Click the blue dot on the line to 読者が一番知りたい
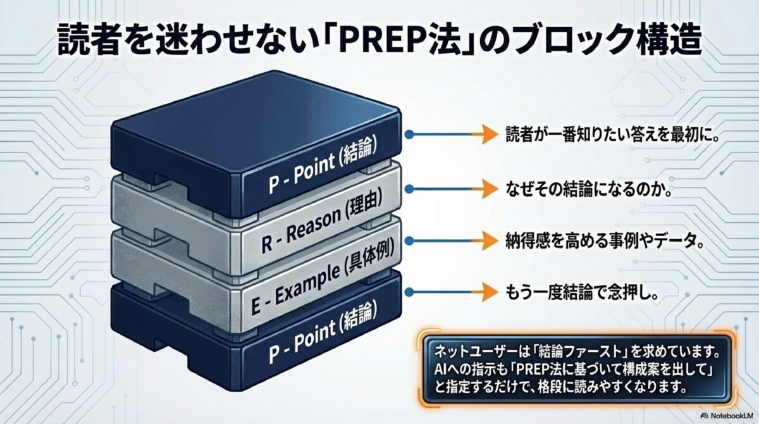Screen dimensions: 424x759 click(x=409, y=134)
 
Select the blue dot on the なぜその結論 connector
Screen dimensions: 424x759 click(x=409, y=187)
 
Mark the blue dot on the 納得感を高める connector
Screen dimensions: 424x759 click(x=409, y=240)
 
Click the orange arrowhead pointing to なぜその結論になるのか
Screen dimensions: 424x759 click(x=484, y=187)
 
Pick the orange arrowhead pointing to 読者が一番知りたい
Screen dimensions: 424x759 click(x=484, y=134)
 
